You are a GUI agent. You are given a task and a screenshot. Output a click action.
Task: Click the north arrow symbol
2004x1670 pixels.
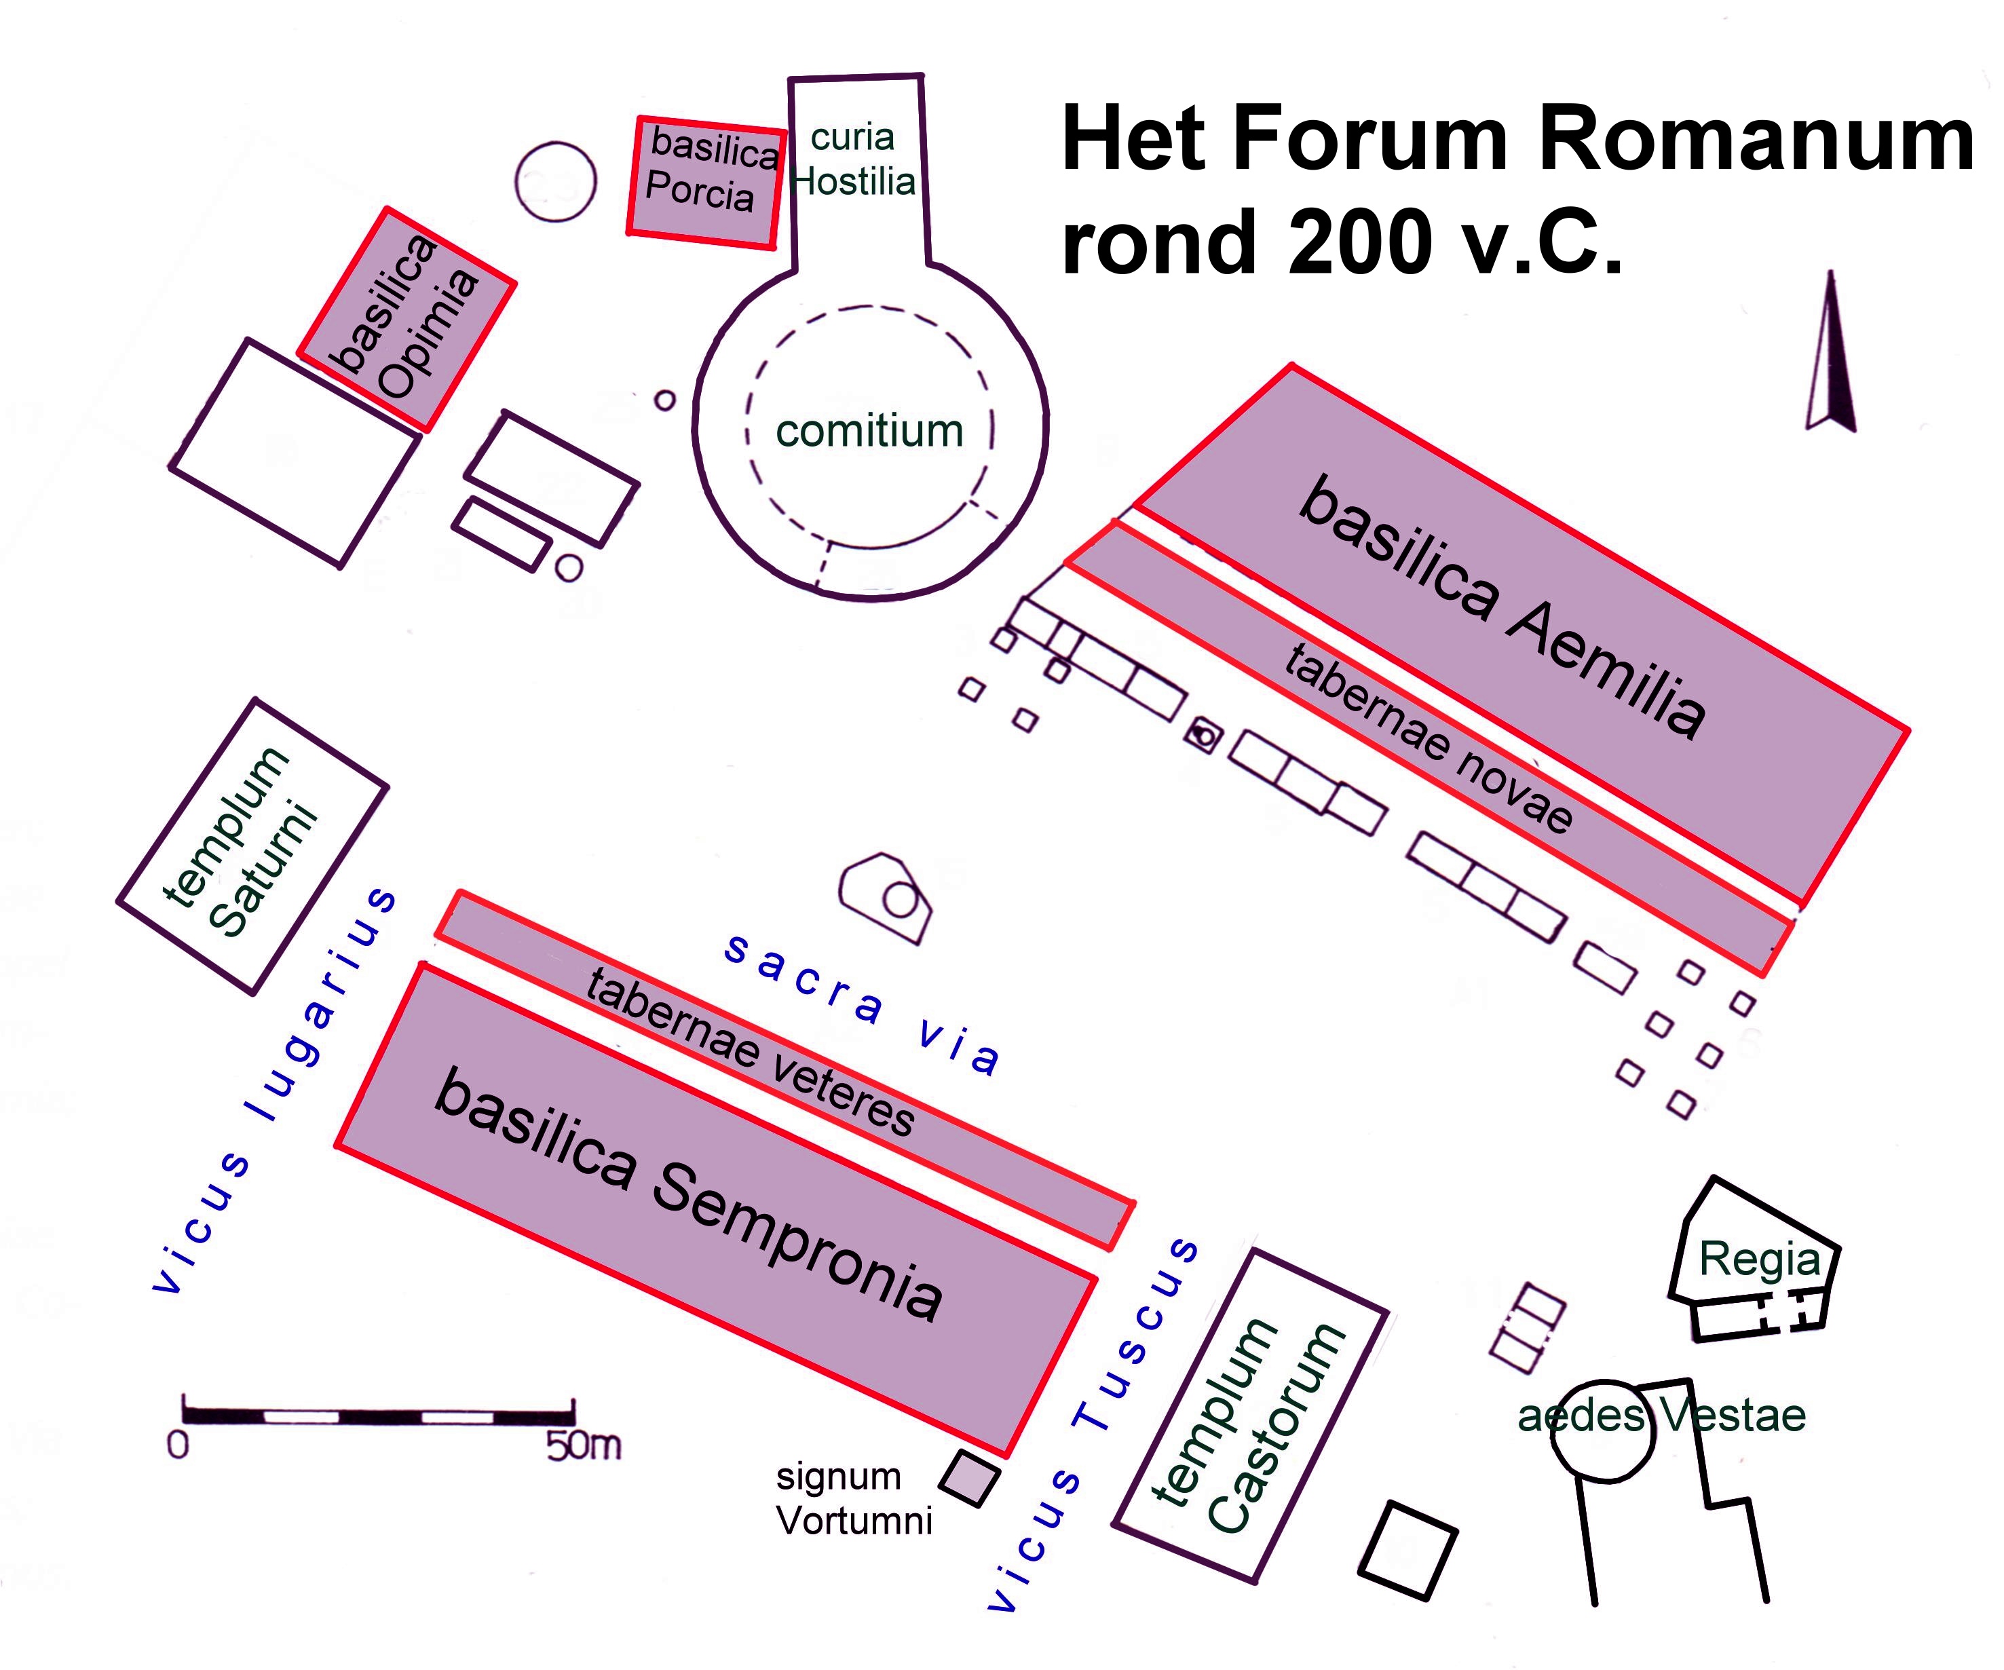pyautogui.click(x=1832, y=353)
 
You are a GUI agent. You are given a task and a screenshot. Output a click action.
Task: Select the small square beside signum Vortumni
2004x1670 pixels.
pyautogui.click(x=970, y=1478)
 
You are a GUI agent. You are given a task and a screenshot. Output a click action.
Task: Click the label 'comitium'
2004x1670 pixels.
pyautogui.click(x=869, y=430)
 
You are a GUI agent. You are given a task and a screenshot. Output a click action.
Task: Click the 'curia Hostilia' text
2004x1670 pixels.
pyautogui.click(x=853, y=159)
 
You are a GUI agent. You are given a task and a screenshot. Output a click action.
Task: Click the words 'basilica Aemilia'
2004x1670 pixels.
pyautogui.click(x=1503, y=607)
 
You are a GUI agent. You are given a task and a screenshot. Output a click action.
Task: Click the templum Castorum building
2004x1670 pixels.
pyautogui.click(x=1250, y=1416)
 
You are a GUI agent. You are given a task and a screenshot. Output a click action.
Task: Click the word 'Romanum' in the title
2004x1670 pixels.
pyautogui.click(x=1756, y=139)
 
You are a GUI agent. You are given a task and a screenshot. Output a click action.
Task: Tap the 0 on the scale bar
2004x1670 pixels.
pyautogui.click(x=178, y=1446)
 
